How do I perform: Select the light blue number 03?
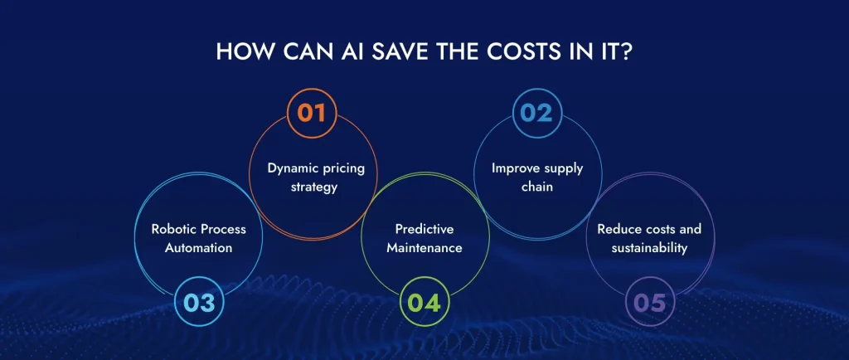199,303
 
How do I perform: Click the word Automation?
199,248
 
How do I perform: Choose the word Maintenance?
424,248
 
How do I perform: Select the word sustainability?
648,248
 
